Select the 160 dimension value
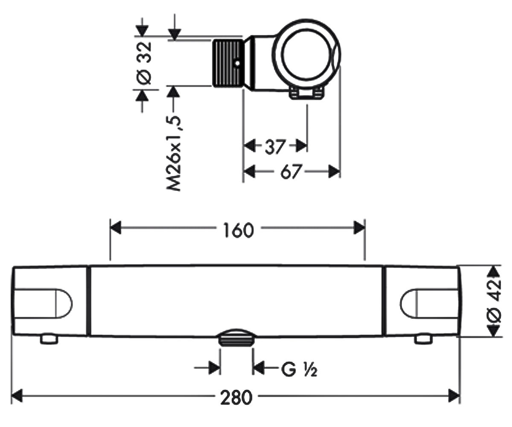tap(239, 230)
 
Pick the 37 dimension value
tap(275, 147)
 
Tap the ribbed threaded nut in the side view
tap(229, 63)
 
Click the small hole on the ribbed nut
tap(237, 63)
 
